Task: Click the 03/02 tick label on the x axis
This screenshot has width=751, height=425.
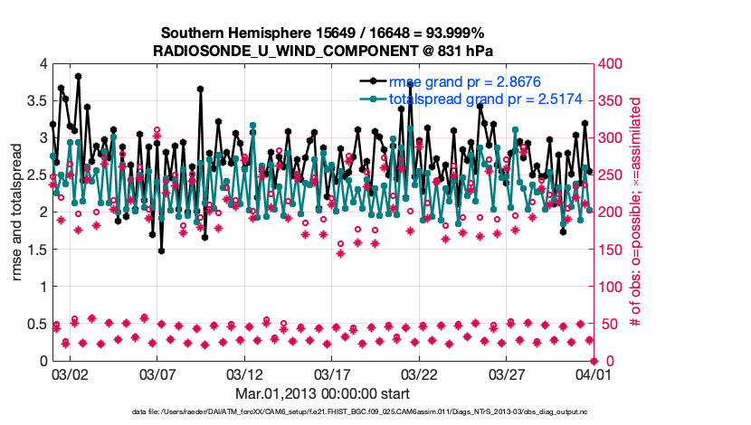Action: [x=69, y=373]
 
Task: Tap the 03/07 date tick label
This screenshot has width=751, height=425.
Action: [x=156, y=373]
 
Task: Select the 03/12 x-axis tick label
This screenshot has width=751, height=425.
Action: [x=243, y=373]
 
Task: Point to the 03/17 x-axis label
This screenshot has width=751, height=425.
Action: [x=331, y=373]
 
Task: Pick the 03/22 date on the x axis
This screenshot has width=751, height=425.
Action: [x=419, y=373]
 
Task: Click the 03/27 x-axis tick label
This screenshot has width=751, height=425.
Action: [x=507, y=373]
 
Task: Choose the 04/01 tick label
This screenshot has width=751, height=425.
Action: [x=593, y=373]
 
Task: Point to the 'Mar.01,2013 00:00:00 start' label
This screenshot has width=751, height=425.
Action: [x=323, y=393]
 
